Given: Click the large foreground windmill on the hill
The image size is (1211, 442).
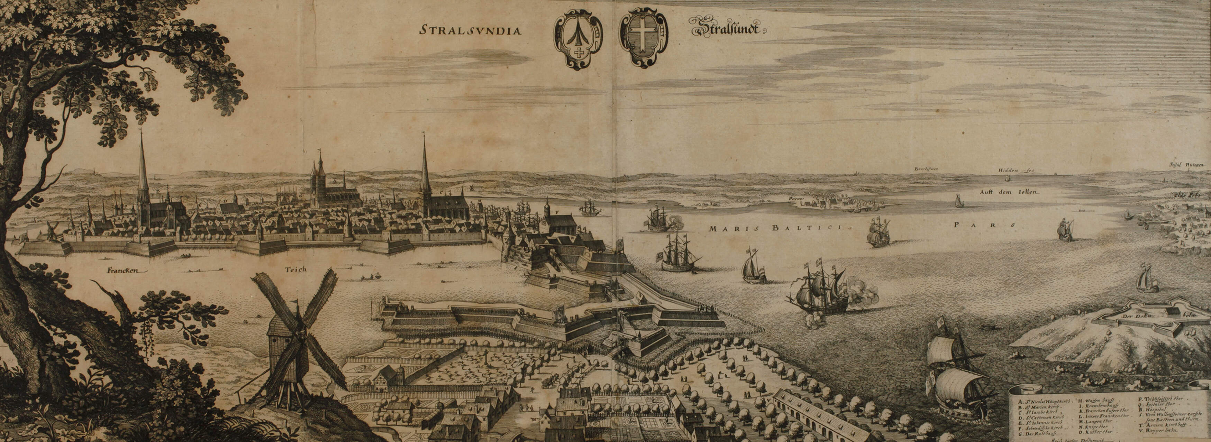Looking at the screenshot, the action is coord(291,338).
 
